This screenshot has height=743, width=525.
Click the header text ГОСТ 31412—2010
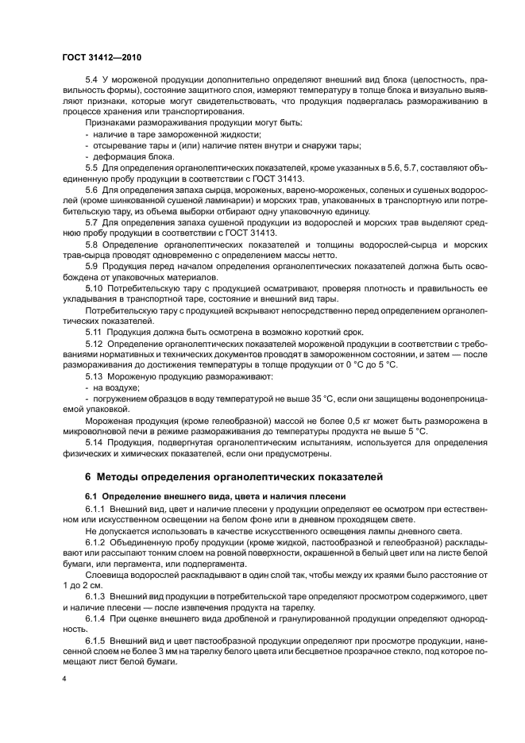101,58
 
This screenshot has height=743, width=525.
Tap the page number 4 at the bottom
64,679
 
